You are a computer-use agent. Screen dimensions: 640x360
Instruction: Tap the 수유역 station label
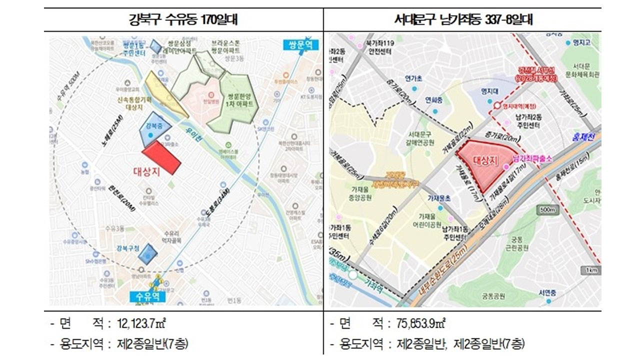[x=146, y=296]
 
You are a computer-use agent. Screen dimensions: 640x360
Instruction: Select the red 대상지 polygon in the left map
[x=161, y=157]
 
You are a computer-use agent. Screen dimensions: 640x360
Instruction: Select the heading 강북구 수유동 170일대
[x=183, y=20]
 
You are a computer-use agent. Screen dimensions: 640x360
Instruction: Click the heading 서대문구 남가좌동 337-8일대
[x=463, y=20]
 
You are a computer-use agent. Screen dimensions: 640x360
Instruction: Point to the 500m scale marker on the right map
[x=548, y=210]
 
